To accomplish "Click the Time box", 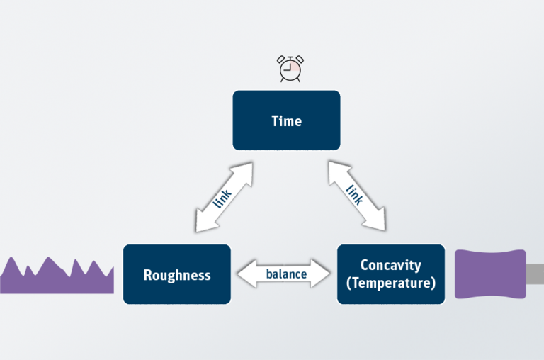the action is click(x=286, y=120).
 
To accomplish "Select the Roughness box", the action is click(x=177, y=274).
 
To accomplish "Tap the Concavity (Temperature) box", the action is click(x=391, y=274).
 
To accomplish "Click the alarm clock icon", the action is click(x=290, y=69).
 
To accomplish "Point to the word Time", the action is click(x=287, y=120).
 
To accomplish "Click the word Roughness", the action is click(x=177, y=275).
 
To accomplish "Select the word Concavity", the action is click(x=391, y=266).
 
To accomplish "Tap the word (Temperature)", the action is click(x=391, y=283).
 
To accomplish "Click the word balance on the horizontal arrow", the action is click(x=286, y=274).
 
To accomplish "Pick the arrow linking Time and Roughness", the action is click(x=224, y=197).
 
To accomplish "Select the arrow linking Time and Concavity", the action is click(x=357, y=196).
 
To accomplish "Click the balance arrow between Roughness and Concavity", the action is click(x=284, y=274).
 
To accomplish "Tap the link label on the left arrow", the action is click(x=222, y=198).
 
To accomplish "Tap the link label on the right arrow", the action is click(x=355, y=195).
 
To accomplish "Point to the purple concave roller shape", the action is click(x=490, y=274).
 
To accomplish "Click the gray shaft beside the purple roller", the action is click(x=535, y=274).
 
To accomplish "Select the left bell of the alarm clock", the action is click(x=280, y=60).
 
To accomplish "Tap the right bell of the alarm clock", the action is click(x=300, y=59).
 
